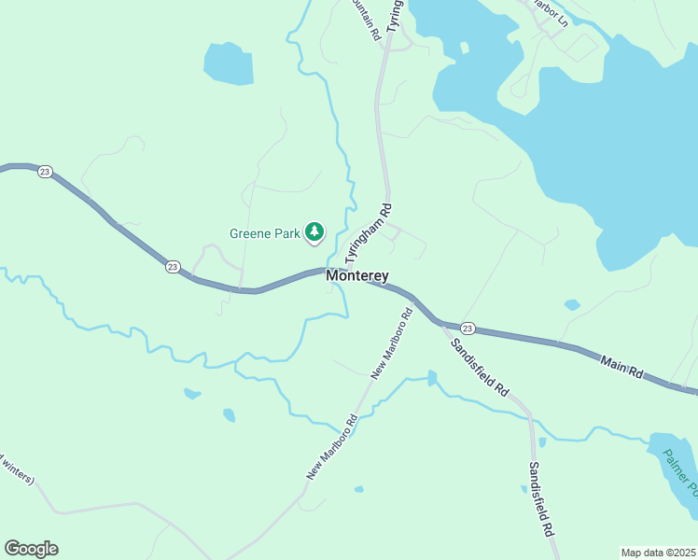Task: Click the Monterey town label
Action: pos(357,276)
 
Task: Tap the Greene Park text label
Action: pos(266,232)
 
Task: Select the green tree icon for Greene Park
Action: pos(315,231)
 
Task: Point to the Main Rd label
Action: pos(622,366)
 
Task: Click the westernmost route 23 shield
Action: pos(46,173)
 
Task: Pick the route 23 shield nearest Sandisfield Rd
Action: pos(468,328)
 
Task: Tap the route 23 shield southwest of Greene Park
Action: pos(173,267)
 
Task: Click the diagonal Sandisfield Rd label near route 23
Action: pos(479,367)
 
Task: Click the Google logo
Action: pos(31,549)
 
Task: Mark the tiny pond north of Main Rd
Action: pos(572,305)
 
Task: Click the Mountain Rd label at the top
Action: pos(364,17)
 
